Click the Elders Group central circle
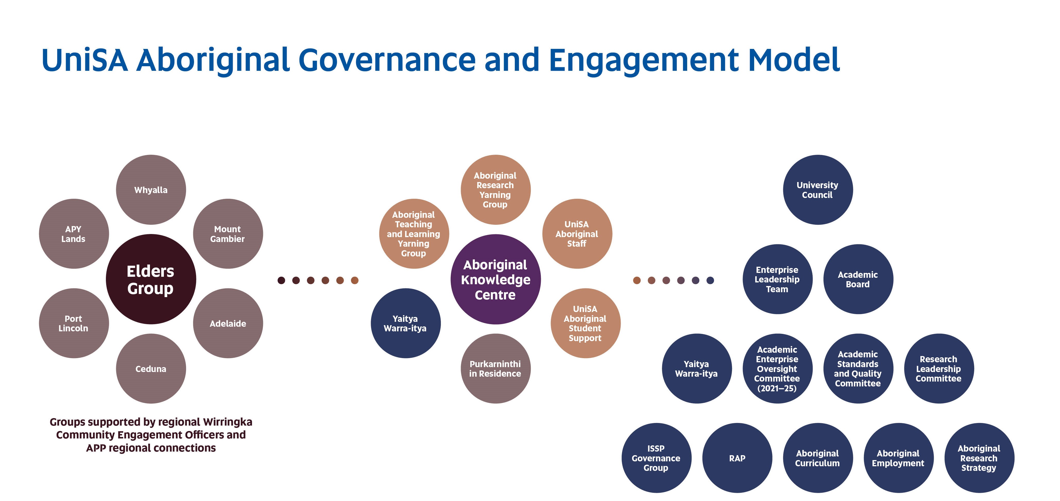pos(151,279)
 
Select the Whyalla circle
pos(151,190)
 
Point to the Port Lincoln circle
pos(74,323)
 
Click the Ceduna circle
pos(151,369)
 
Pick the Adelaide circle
pos(228,323)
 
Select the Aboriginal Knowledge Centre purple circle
pos(495,279)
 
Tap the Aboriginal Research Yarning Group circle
pos(495,190)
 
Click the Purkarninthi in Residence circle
pos(495,369)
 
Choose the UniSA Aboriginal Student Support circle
pos(585,323)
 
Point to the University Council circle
pos(818,190)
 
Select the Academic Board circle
pos(858,279)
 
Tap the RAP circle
pos(737,458)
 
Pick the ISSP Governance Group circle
pos(656,458)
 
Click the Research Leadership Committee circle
pos(939,369)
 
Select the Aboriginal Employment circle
pos(898,458)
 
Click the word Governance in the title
pos(387,60)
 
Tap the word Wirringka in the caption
pos(228,422)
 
